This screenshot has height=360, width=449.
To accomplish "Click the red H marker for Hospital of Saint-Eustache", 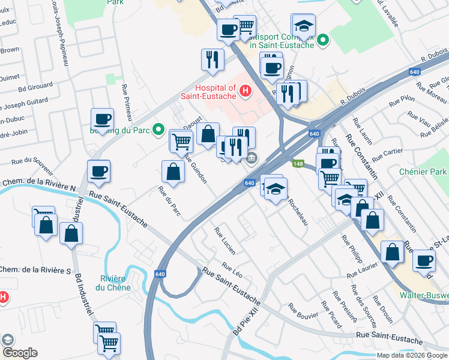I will coord(245,91).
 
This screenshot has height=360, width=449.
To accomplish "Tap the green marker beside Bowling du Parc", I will coord(158,129).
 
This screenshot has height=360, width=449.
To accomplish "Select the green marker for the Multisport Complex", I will coord(324,41).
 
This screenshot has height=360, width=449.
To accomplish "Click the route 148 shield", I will coord(298,163).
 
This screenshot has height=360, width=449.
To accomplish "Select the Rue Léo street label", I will coord(232,269).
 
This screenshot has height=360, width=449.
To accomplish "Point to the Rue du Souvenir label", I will coord(29,161).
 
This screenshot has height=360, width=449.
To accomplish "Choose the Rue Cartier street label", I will coord(387,155).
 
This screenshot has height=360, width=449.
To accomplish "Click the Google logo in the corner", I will coord(19,353).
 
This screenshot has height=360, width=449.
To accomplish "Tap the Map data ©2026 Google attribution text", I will coord(412,355).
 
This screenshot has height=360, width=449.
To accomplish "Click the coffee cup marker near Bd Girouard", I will coord(101,119).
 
